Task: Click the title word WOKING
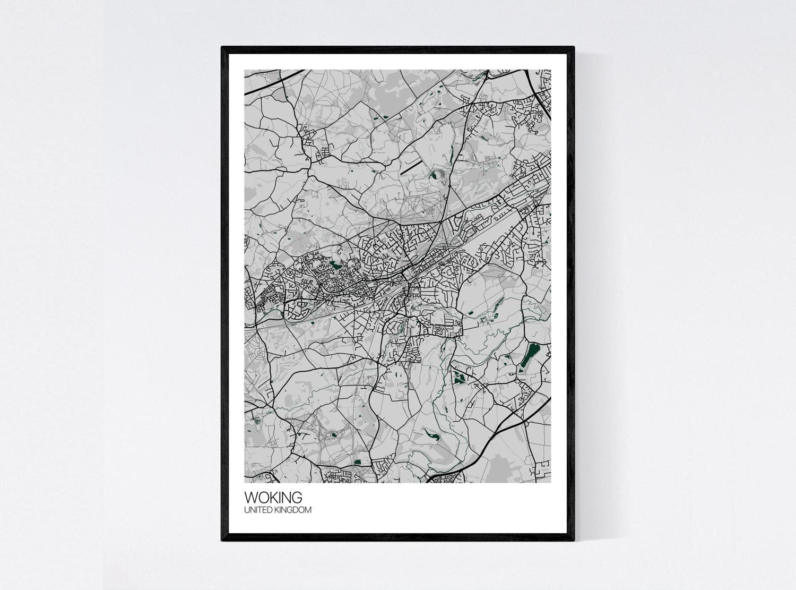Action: (273, 498)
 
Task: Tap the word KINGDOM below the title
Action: (293, 510)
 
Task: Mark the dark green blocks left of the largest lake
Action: (458, 378)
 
